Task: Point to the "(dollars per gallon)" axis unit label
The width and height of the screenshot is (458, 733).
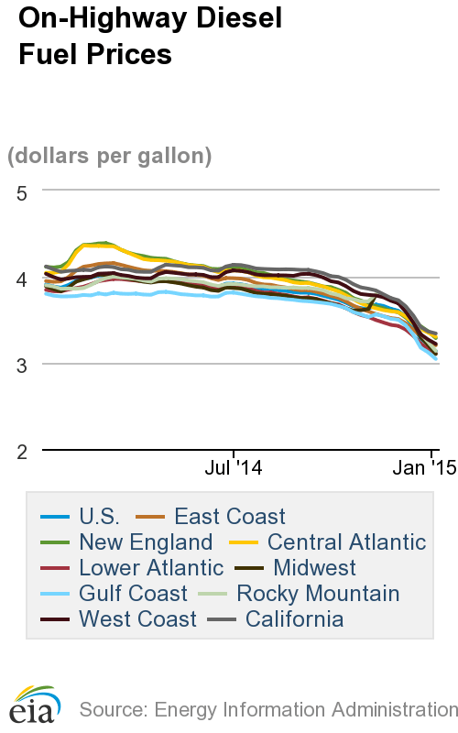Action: tap(110, 156)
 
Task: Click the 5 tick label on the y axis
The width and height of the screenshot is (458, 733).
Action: tap(23, 191)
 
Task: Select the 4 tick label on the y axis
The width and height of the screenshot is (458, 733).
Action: tap(23, 278)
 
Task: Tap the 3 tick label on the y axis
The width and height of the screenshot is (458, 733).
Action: tap(23, 364)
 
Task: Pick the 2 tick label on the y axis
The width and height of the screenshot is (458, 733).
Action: tap(23, 450)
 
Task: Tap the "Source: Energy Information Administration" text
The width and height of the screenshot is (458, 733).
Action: tap(267, 709)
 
